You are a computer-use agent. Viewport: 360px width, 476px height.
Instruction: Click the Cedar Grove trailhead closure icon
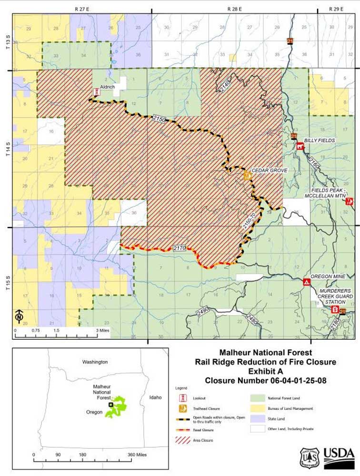[247, 176]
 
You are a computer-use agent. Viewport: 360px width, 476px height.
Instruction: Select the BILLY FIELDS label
[320, 141]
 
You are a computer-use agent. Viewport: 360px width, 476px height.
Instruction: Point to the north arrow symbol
[19, 315]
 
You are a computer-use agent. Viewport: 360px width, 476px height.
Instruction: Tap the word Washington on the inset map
[95, 362]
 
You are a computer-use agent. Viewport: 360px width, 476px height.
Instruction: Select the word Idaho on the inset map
[155, 397]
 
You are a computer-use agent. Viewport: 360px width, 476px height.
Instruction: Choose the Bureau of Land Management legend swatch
[257, 408]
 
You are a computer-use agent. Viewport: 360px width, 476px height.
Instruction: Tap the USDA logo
[339, 458]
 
